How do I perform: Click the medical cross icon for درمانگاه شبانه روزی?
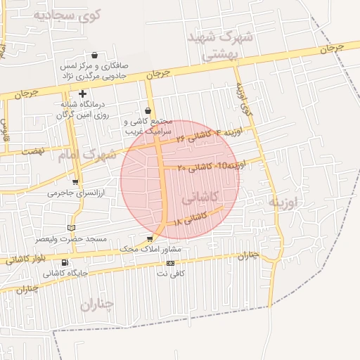[82, 94]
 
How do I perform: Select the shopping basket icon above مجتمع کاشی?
[148, 110]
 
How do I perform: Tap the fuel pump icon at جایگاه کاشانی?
[65, 262]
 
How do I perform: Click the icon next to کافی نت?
[169, 263]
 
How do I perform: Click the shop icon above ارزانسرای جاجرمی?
[75, 182]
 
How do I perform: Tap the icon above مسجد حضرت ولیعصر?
[70, 228]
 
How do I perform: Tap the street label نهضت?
[33, 151]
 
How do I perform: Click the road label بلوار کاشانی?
[26, 256]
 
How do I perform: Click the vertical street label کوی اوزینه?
[243, 102]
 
